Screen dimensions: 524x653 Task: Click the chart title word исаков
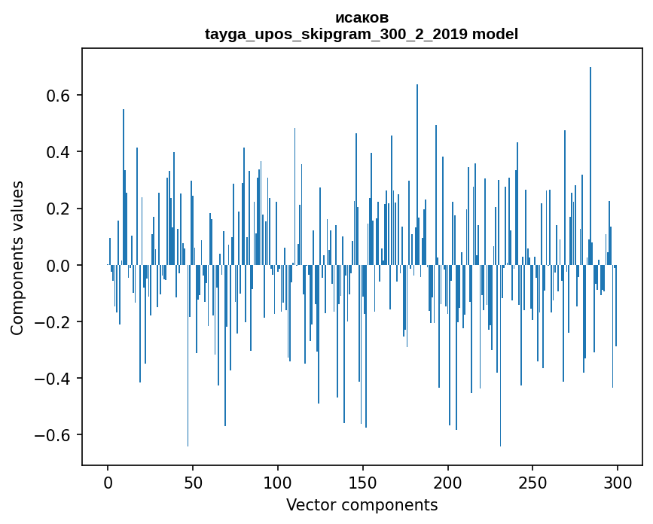click(362, 17)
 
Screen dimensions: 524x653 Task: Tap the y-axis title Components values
click(17, 257)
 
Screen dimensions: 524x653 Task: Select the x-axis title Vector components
click(362, 504)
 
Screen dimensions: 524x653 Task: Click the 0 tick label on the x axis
click(108, 482)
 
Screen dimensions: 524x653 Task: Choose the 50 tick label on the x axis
click(193, 482)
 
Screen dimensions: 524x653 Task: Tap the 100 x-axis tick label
click(278, 482)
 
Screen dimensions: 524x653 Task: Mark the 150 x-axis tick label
click(363, 482)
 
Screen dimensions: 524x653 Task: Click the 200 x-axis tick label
click(448, 482)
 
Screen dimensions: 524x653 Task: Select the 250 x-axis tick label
click(532, 482)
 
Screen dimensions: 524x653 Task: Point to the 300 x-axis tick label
click(618, 482)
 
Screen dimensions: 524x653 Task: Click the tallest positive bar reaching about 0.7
click(590, 166)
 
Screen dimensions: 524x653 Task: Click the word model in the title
click(495, 34)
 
